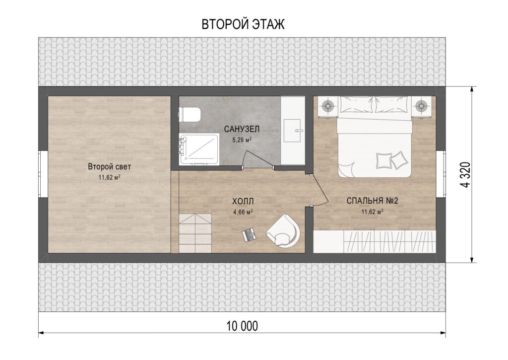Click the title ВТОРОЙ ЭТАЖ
(x=243, y=24)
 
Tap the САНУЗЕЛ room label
(x=242, y=129)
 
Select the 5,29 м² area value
(x=242, y=140)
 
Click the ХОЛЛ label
(x=243, y=202)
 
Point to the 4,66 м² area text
(x=243, y=212)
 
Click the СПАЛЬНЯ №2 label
(x=372, y=201)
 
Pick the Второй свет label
(x=110, y=167)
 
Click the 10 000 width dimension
(x=242, y=326)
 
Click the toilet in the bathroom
(x=190, y=114)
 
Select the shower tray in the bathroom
(x=199, y=150)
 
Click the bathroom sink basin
(x=293, y=131)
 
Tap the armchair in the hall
(x=283, y=231)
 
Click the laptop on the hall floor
(x=249, y=235)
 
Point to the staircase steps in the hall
(x=195, y=233)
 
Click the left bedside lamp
(x=328, y=106)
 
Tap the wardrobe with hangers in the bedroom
(x=375, y=241)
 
